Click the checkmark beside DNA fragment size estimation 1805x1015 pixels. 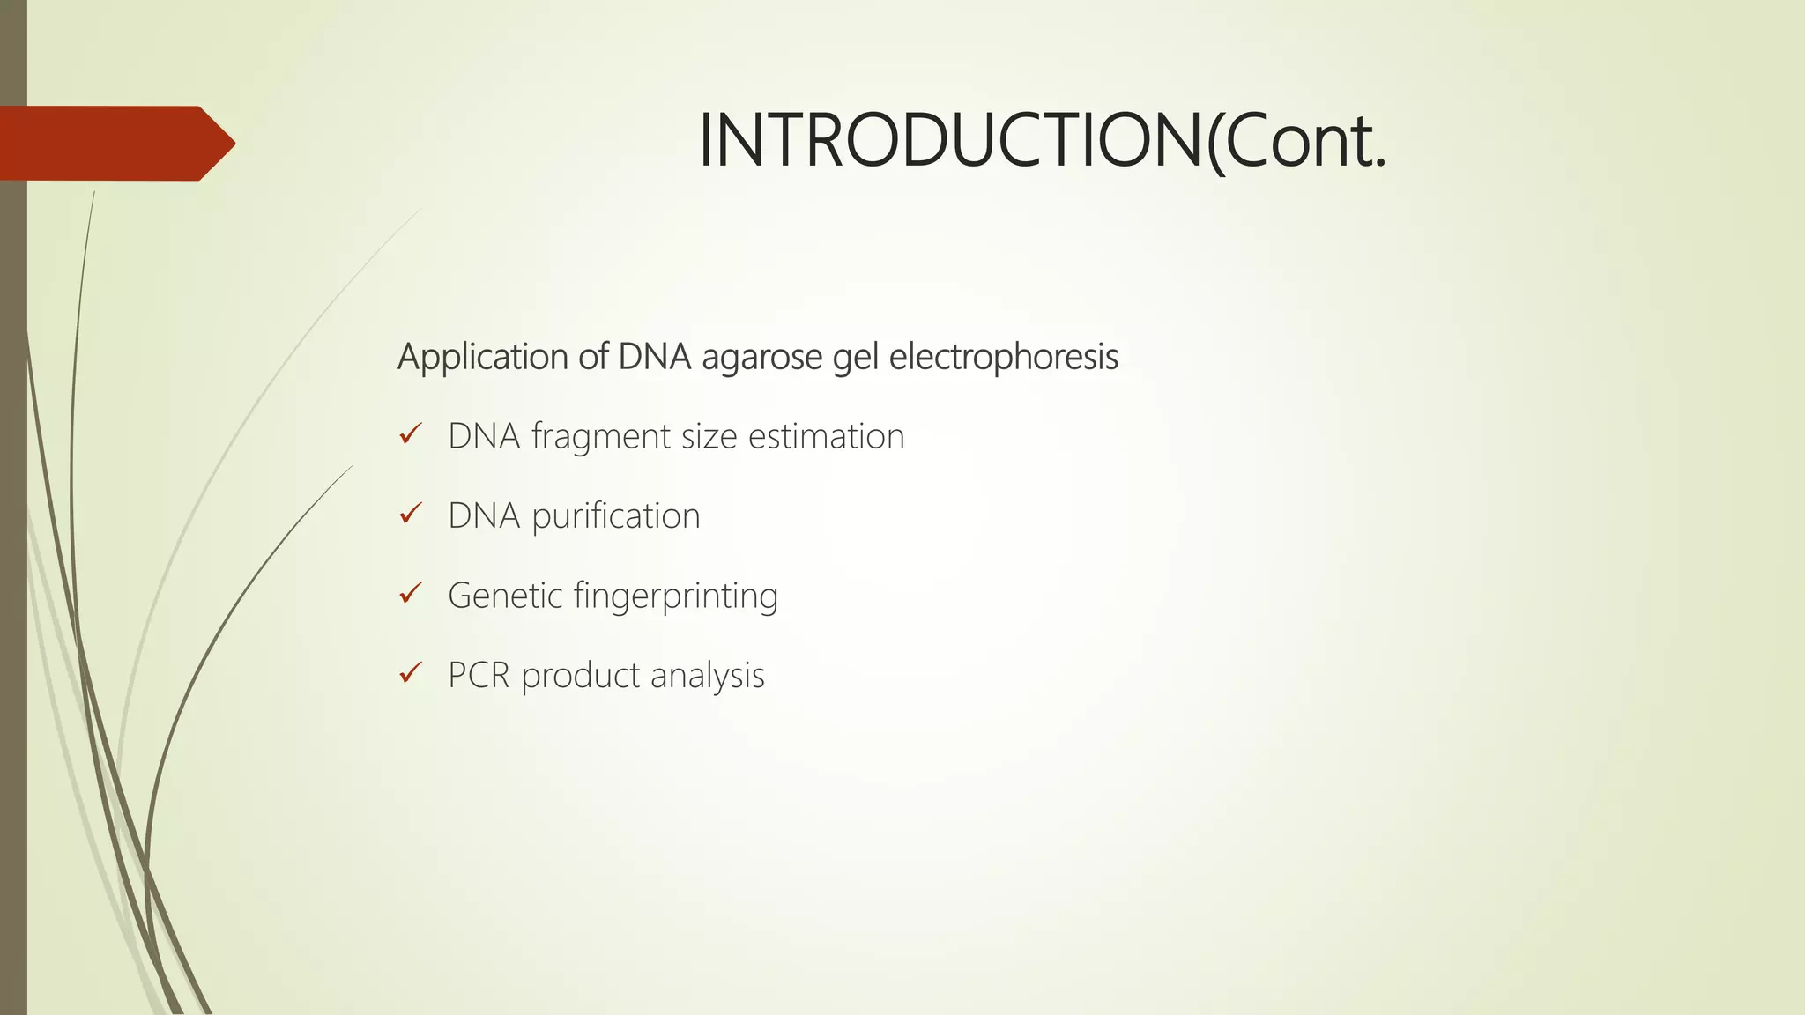(x=411, y=434)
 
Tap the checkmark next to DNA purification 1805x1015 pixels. (x=411, y=514)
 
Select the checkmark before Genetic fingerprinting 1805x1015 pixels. (x=411, y=594)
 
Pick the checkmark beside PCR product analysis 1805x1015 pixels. (x=411, y=674)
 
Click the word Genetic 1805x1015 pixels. (x=505, y=596)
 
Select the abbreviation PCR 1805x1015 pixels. (x=479, y=676)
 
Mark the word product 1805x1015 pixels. (x=580, y=677)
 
